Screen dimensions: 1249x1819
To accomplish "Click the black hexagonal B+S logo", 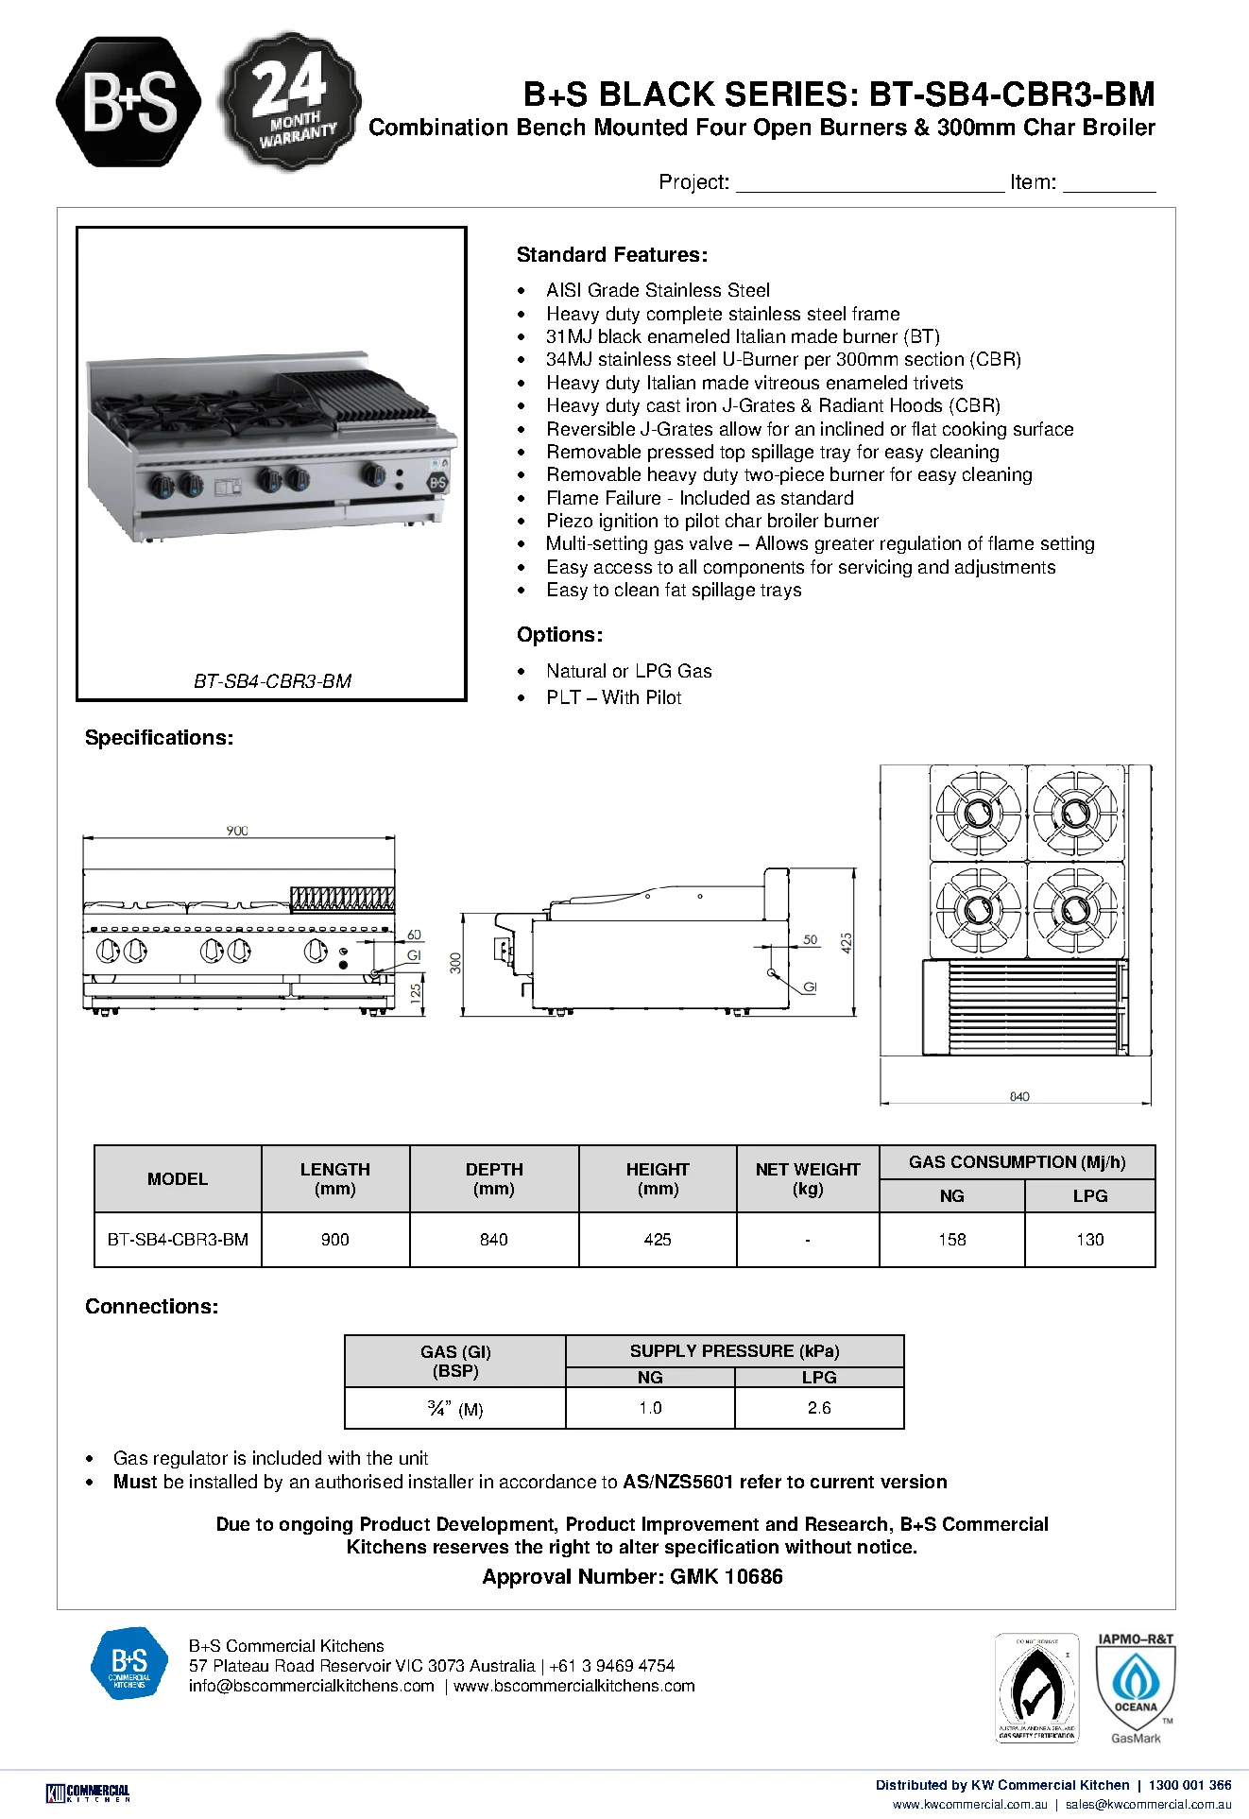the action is click(128, 102).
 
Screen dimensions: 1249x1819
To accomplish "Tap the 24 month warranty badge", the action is click(290, 101).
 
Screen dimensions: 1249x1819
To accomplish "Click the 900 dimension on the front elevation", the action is click(237, 831).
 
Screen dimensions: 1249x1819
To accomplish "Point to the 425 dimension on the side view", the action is click(847, 942).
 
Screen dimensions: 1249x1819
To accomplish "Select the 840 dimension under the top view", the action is click(1019, 1096).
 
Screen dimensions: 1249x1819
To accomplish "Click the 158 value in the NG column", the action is click(952, 1239).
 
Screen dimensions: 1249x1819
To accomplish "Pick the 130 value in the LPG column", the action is click(1090, 1239).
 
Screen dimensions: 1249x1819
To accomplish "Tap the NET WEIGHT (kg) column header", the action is click(808, 1178).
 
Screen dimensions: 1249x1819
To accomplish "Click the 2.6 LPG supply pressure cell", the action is click(819, 1407).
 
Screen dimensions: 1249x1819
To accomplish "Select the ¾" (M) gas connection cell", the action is click(455, 1409).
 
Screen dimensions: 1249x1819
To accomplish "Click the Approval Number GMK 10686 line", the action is click(632, 1576).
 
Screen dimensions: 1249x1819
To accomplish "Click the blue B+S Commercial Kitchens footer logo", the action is click(129, 1663).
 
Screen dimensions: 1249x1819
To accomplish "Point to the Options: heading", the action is click(559, 635).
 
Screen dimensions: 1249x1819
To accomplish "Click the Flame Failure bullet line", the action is click(699, 498).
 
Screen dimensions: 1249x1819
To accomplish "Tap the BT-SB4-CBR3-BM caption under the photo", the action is click(272, 680).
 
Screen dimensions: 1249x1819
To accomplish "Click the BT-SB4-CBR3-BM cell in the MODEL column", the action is click(178, 1239).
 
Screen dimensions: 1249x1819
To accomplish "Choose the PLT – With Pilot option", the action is click(613, 697).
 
